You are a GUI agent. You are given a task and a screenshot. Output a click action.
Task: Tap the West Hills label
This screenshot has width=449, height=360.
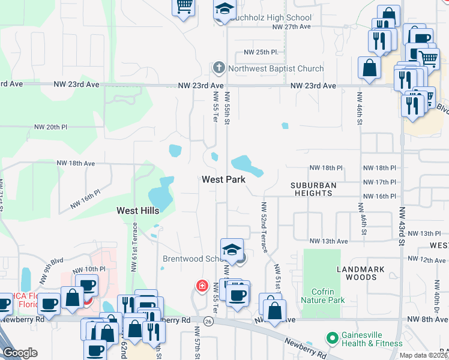click(x=137, y=211)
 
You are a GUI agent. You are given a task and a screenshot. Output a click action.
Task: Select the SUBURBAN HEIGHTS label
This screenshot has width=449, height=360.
click(x=313, y=189)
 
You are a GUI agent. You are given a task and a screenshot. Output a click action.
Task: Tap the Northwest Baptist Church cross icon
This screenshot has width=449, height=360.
click(x=219, y=68)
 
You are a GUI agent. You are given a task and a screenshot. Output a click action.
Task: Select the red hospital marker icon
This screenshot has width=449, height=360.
click(x=203, y=286)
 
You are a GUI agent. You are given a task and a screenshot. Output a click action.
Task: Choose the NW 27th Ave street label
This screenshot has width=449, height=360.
click(x=291, y=27)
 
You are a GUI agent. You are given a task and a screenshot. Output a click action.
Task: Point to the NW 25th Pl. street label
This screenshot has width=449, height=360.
click(x=261, y=53)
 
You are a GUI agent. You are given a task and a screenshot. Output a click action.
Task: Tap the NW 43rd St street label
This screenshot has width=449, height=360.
click(x=399, y=226)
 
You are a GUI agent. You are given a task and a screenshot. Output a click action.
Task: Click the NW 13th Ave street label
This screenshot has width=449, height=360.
click(x=328, y=241)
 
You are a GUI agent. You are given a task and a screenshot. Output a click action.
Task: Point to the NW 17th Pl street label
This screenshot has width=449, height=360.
click(x=381, y=182)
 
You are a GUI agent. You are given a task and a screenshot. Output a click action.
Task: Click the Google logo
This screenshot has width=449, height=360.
click(x=20, y=353)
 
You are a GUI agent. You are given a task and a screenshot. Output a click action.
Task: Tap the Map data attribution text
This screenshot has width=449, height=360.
click(x=424, y=355)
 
